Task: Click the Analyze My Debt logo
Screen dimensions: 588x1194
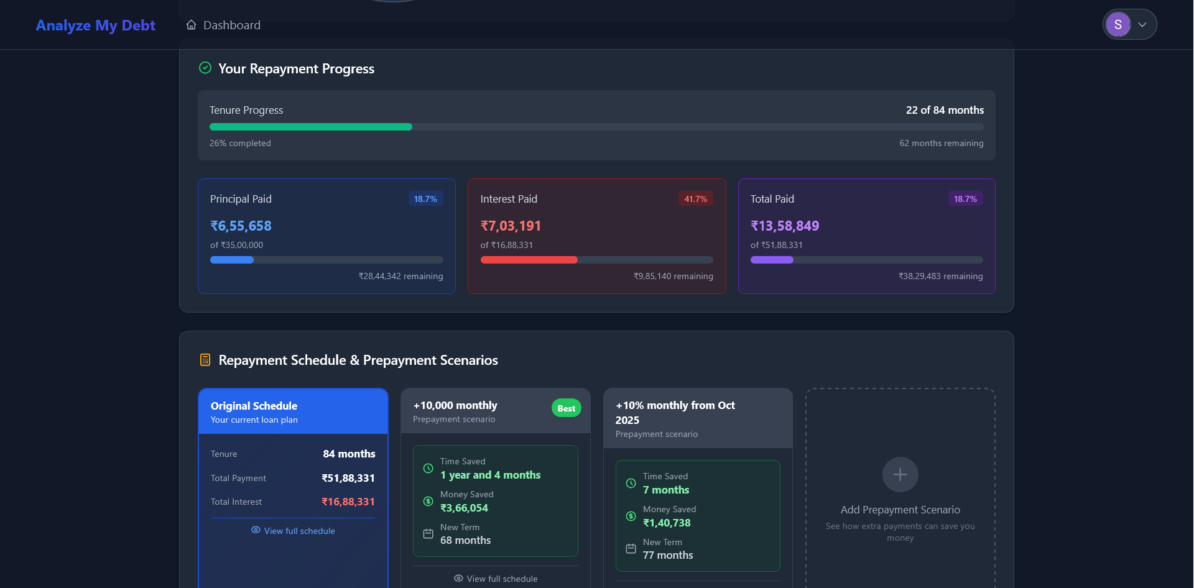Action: (95, 25)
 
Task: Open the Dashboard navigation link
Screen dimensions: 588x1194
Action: (223, 25)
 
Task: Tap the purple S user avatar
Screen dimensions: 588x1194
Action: (1118, 25)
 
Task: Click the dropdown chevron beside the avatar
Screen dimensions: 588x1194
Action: (1142, 25)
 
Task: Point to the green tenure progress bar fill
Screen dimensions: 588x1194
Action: (310, 127)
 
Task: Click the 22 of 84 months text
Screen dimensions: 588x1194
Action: (945, 110)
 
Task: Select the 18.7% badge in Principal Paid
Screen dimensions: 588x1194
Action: (425, 199)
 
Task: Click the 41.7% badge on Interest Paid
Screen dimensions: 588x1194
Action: (695, 199)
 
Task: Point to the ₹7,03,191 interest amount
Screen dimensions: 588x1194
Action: (511, 226)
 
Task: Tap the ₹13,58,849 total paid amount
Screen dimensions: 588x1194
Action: (784, 226)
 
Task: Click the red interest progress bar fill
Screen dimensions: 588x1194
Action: (529, 260)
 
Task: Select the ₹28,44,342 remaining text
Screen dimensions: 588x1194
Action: (400, 276)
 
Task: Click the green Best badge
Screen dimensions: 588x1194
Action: (566, 408)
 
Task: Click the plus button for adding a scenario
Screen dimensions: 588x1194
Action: (900, 475)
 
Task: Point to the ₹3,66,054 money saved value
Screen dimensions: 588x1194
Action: (464, 508)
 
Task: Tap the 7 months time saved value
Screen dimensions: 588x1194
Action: (666, 490)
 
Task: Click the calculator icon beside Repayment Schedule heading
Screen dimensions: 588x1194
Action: (205, 360)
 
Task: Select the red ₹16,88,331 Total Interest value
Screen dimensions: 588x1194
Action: (348, 502)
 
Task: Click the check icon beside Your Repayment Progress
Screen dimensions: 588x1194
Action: (205, 68)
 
